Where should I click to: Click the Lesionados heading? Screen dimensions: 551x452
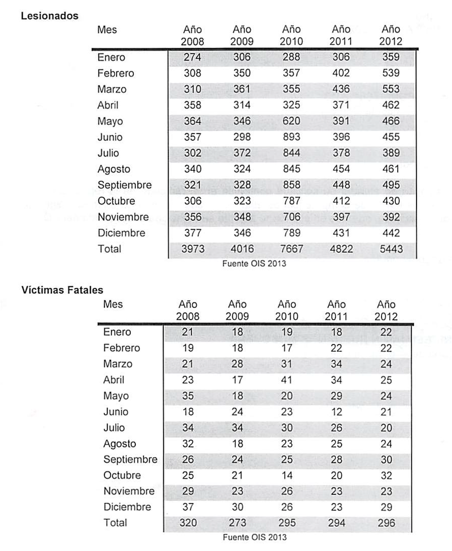[50, 16]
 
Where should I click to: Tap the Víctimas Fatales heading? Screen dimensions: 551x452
[62, 290]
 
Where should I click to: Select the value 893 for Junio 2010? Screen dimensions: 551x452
[291, 137]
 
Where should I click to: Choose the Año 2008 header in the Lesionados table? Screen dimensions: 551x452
[192, 36]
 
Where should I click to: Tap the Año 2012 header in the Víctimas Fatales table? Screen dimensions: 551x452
[386, 310]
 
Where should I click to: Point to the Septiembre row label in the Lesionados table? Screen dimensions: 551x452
[124, 185]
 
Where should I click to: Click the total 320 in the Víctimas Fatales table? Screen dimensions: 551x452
[187, 523]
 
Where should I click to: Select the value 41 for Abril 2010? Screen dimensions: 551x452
[287, 380]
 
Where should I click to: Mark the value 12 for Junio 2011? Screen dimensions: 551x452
[336, 412]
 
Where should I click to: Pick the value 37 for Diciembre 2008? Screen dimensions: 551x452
[187, 507]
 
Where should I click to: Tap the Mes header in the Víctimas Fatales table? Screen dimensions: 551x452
[113, 304]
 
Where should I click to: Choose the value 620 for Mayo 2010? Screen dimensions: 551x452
[291, 121]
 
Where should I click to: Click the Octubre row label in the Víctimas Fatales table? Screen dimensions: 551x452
[122, 476]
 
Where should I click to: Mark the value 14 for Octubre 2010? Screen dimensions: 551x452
[287, 476]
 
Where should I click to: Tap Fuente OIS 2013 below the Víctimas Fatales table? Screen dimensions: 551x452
[255, 537]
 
